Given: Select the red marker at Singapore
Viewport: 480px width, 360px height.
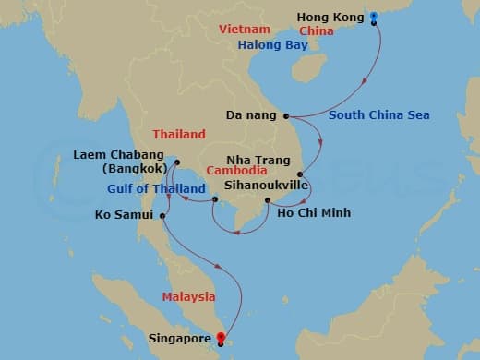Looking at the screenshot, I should point(219,337).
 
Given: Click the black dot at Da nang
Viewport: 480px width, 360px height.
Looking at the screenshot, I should point(286,116).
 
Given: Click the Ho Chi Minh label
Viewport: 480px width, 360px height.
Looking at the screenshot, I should point(313,211).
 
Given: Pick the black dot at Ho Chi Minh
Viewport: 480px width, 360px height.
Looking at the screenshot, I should point(267,200).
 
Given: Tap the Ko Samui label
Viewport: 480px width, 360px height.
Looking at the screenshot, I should point(124,217).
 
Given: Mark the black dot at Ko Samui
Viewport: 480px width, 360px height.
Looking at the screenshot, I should point(162,217).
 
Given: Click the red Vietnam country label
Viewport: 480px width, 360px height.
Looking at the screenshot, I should point(244,30).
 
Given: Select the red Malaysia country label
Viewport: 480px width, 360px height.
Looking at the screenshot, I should point(188,296).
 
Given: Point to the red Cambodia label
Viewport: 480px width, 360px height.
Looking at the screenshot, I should point(237,171).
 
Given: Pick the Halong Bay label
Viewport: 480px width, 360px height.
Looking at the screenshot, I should point(274,44).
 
